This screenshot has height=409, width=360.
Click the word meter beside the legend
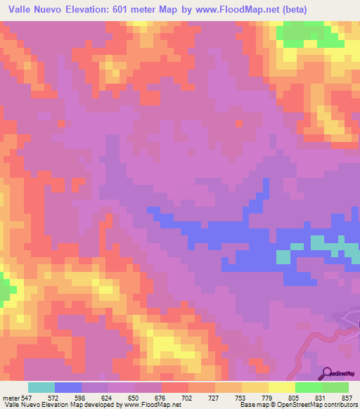tap(11, 398)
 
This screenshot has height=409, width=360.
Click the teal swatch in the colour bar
tap(41, 387)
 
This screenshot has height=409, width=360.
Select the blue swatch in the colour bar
tap(68, 387)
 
